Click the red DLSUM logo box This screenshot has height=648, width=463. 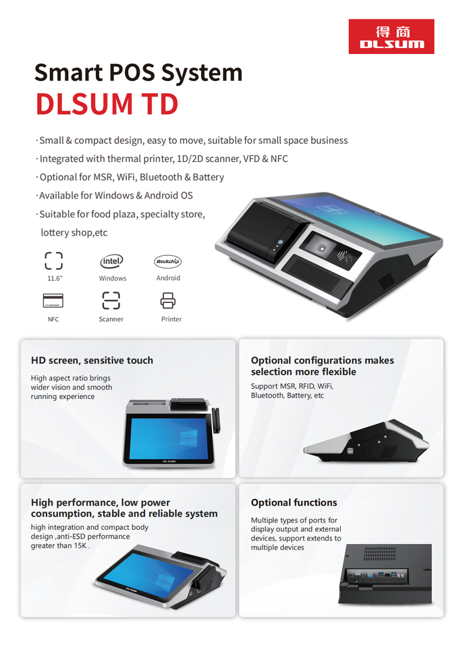tap(391, 36)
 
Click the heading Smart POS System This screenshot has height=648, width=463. tap(138, 72)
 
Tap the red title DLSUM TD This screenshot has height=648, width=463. tap(107, 104)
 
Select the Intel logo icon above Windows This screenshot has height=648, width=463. tap(112, 261)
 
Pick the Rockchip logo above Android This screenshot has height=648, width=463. tap(168, 261)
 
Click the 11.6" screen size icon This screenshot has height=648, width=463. tap(53, 261)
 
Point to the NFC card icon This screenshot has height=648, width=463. tap(53, 300)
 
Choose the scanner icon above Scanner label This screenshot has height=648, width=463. tap(111, 300)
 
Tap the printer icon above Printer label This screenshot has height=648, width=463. tap(168, 300)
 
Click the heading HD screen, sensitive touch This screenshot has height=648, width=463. tap(92, 360)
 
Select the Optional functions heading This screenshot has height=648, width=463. tap(294, 502)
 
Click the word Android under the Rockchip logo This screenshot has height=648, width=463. tap(168, 277)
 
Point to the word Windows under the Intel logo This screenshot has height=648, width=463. tap(113, 278)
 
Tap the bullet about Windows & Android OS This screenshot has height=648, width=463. tap(116, 195)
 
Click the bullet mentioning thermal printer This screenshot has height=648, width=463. tap(163, 159)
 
